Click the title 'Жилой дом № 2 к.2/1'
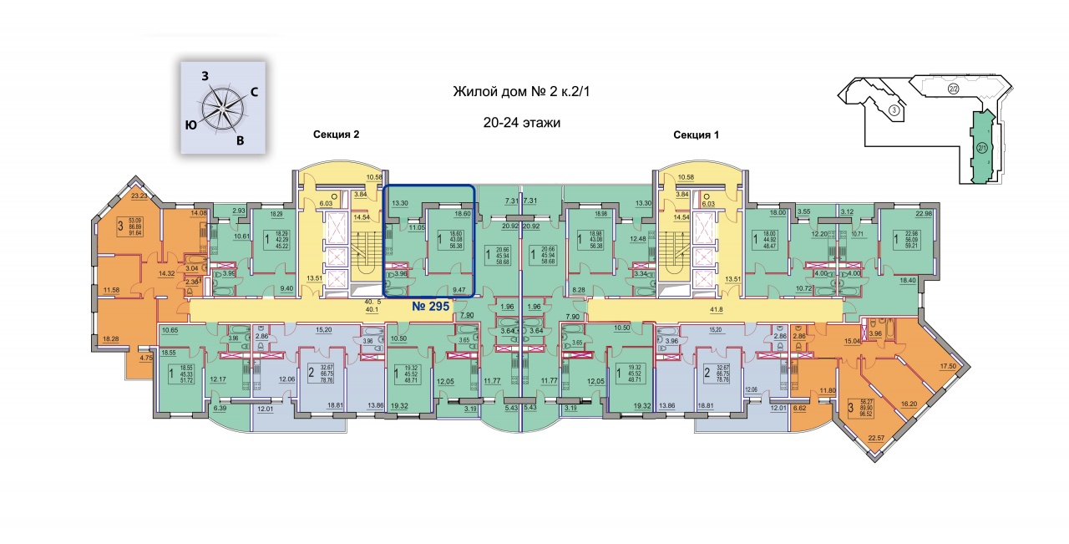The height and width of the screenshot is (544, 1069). coord(522,92)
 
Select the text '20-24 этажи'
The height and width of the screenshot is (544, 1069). coord(521,122)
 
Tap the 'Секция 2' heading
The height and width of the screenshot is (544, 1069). coord(336,135)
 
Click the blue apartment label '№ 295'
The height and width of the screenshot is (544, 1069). coord(431,307)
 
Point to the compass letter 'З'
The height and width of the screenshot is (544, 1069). coord(205,75)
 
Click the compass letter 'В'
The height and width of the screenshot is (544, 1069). coord(240,140)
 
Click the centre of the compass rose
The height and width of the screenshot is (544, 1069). coord(222,108)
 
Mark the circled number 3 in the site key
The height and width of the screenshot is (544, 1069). coord(894,109)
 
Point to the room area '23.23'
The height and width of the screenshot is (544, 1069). coord(138,196)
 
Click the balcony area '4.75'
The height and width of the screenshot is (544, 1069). coord(146,358)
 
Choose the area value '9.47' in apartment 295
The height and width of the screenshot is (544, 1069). coord(459,288)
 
